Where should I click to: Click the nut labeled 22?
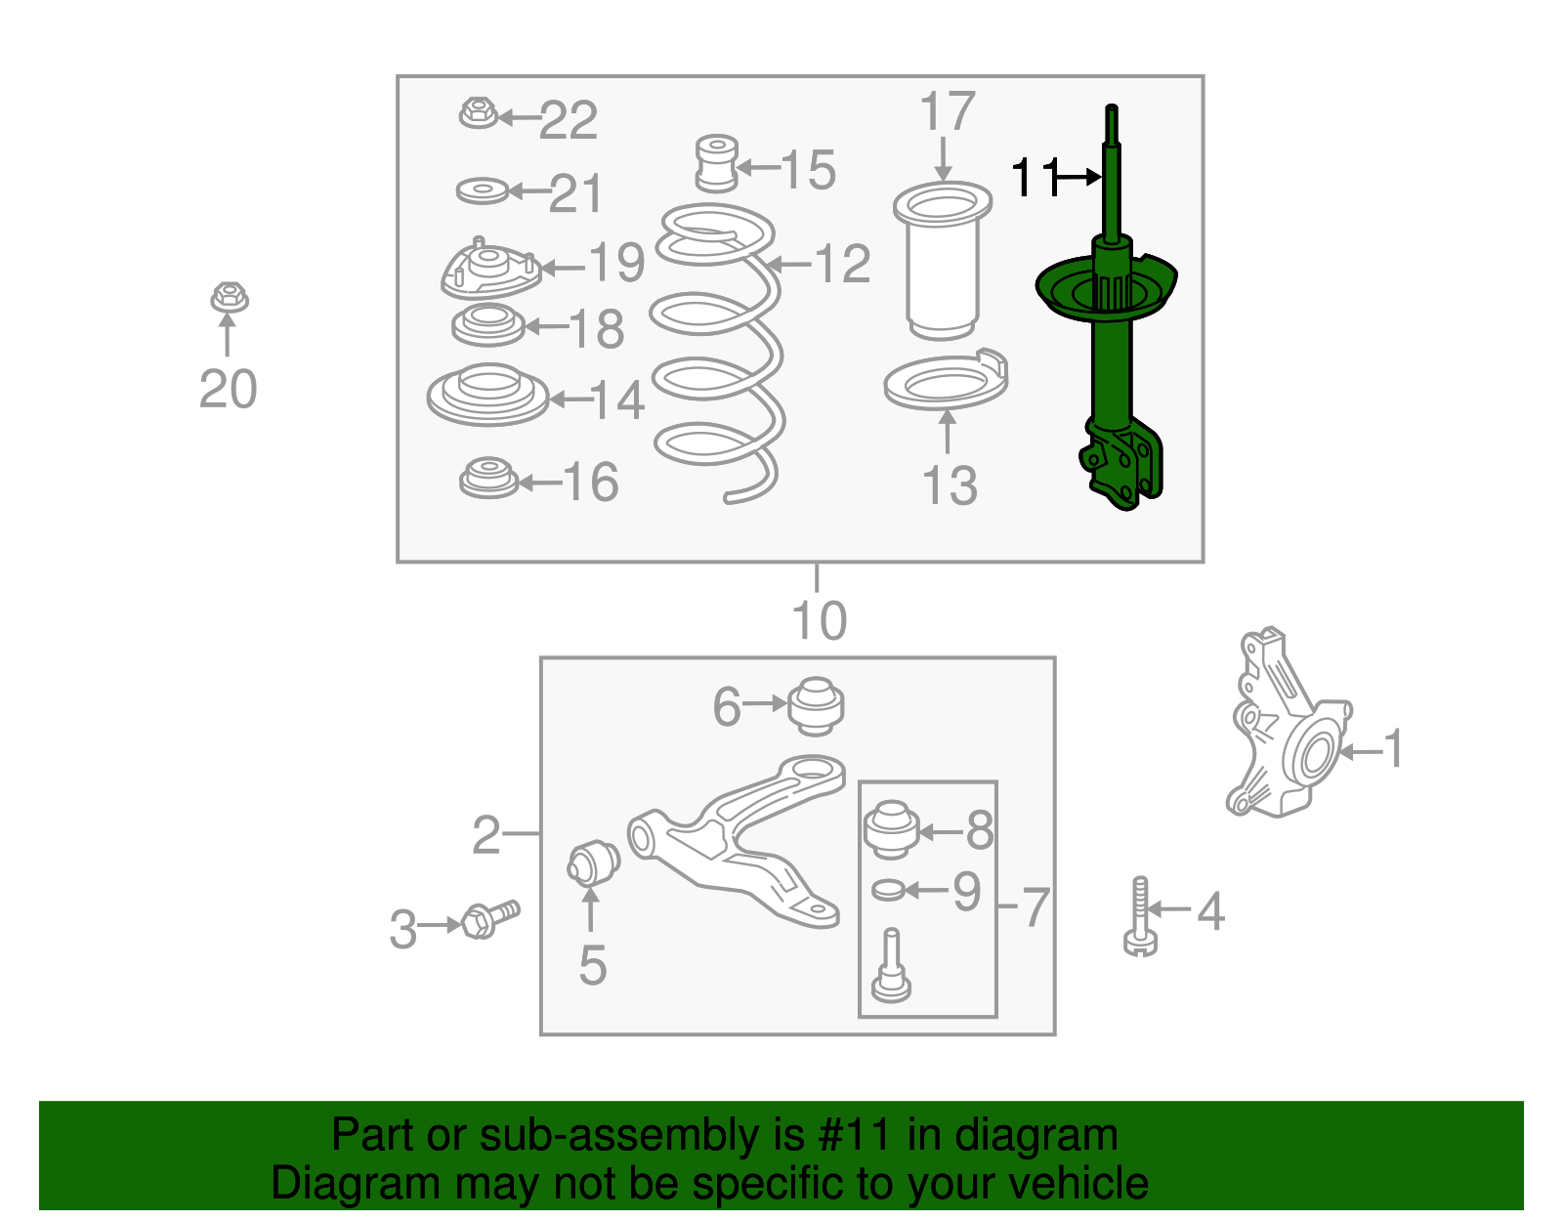click(477, 113)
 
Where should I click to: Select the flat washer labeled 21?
click(483, 190)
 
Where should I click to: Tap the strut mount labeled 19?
click(489, 271)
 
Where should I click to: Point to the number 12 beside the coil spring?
click(841, 264)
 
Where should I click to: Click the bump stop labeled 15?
click(717, 163)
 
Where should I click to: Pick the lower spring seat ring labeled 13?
click(946, 385)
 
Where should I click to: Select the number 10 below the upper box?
click(819, 621)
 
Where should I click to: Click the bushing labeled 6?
click(816, 705)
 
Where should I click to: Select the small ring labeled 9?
click(888, 890)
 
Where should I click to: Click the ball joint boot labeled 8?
click(890, 828)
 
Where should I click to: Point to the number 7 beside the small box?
click(1035, 907)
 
